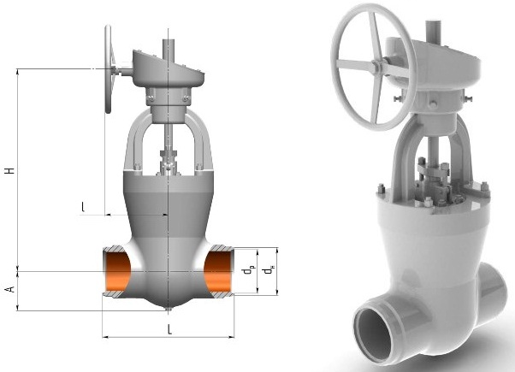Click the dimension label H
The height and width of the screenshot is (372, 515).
(x=10, y=171)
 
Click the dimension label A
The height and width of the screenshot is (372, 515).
(x=10, y=289)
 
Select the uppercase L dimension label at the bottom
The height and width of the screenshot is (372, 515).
(x=169, y=329)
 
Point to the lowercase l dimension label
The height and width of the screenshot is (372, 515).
(x=83, y=207)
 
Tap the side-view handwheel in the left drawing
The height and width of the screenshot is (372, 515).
(x=108, y=69)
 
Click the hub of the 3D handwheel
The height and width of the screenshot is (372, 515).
(x=376, y=67)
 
